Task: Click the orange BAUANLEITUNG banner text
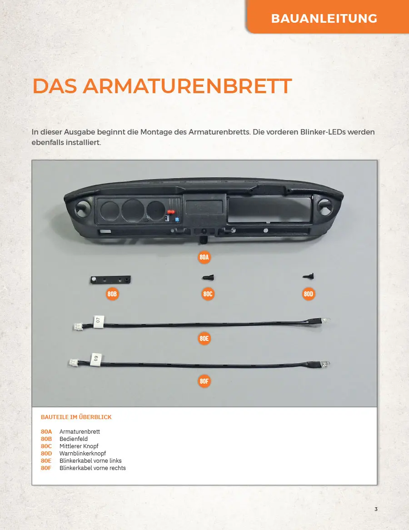point(324,18)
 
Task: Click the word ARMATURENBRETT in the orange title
point(187,86)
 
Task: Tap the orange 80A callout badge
point(204,257)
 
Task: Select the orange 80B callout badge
point(112,294)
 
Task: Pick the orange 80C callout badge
point(208,294)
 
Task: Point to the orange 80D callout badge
point(308,294)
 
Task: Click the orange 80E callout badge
point(204,338)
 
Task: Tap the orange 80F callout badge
point(204,381)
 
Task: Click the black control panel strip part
point(110,280)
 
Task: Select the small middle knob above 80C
point(208,278)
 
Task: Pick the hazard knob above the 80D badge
point(308,276)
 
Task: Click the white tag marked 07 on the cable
point(98,320)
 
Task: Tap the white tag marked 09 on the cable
point(96,359)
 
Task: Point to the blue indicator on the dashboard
point(177,220)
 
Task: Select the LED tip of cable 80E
point(326,320)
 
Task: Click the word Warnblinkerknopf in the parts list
point(82,453)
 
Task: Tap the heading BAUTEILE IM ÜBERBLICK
point(76,417)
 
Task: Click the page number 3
point(376,509)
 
